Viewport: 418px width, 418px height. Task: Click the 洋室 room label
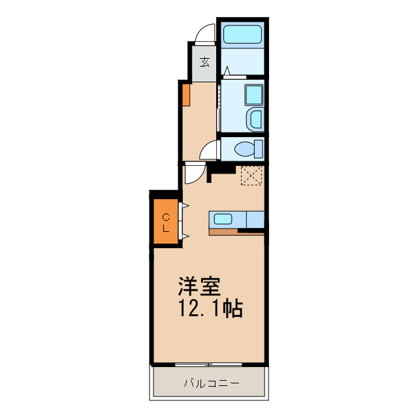pos(200,285)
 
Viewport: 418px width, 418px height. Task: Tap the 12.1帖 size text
pos(210,308)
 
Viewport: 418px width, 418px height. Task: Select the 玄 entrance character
pos(205,62)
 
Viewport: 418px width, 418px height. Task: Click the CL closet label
pos(166,223)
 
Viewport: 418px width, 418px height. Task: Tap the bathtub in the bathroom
pos(242,35)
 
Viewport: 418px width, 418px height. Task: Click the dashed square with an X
pos(251,176)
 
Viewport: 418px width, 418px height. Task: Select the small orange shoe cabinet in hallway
pos(185,95)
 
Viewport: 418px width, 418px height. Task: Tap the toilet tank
pos(259,148)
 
